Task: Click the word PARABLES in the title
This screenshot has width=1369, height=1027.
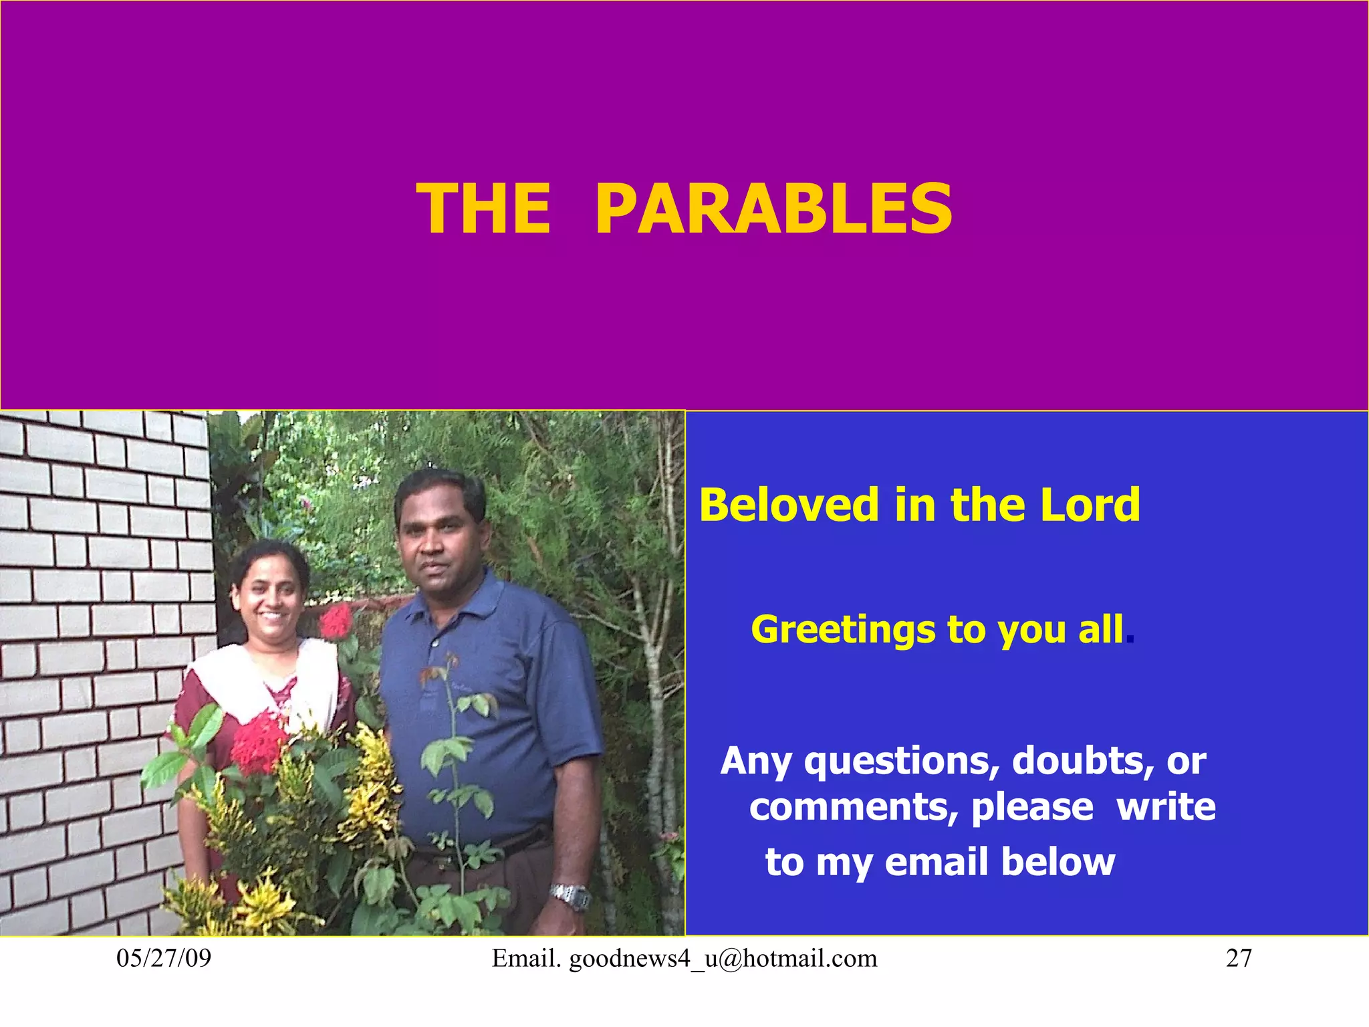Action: (x=773, y=209)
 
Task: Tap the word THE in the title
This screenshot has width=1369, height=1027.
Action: (x=483, y=209)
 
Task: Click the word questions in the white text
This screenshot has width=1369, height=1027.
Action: (x=902, y=761)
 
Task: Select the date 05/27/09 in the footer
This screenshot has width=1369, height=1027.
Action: (x=164, y=958)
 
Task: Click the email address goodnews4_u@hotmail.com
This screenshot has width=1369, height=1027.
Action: (x=723, y=959)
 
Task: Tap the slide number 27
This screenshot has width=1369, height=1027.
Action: (x=1239, y=958)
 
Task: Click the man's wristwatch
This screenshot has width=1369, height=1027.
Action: (x=570, y=896)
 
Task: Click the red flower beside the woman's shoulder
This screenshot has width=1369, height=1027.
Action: (x=336, y=622)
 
